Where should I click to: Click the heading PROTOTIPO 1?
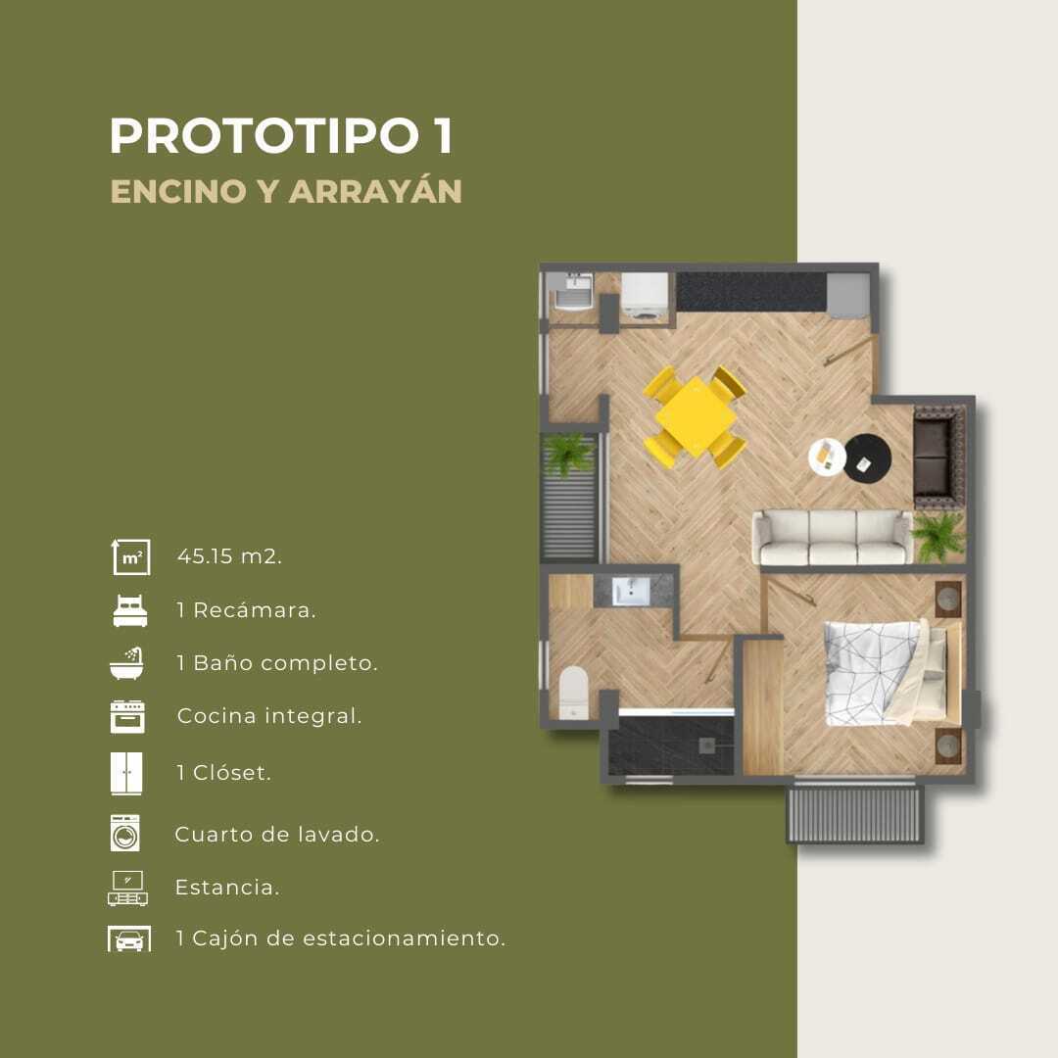point(281,136)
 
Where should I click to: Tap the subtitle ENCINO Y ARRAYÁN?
point(286,192)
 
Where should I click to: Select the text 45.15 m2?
point(229,556)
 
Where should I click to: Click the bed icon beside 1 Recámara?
point(130,610)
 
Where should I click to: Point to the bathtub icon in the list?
point(126,663)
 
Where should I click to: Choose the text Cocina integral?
point(269,716)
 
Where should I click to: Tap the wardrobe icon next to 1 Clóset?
point(126,773)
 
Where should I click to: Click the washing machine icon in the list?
point(125,833)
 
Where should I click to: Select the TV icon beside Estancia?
point(128,888)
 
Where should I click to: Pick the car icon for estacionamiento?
point(129,938)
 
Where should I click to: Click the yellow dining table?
point(696,416)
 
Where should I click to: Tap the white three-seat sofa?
point(833,537)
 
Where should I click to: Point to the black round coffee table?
point(869,458)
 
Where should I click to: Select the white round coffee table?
point(827,457)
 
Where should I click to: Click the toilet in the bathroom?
point(574,693)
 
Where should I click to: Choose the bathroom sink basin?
point(631,591)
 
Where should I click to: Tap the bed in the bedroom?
point(893,673)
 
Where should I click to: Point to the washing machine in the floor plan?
point(645,296)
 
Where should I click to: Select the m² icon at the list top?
point(131,556)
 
